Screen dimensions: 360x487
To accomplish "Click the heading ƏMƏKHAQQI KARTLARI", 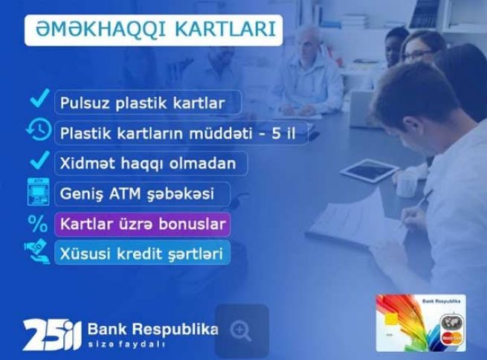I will tap(153, 31).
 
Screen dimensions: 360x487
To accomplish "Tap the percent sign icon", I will tap(36, 222).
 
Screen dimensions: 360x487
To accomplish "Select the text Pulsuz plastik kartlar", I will tap(147, 102).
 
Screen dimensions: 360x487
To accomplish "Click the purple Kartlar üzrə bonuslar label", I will tap(141, 223).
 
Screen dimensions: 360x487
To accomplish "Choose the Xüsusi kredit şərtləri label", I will tap(141, 253).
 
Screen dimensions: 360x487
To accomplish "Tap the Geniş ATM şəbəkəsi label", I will tap(141, 193).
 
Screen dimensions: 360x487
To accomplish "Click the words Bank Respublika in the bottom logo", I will tap(152, 329).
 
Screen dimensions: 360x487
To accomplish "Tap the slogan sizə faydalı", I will tap(126, 345).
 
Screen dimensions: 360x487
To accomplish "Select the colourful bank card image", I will tap(420, 323).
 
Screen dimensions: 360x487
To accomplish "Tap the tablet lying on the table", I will tap(369, 170).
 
